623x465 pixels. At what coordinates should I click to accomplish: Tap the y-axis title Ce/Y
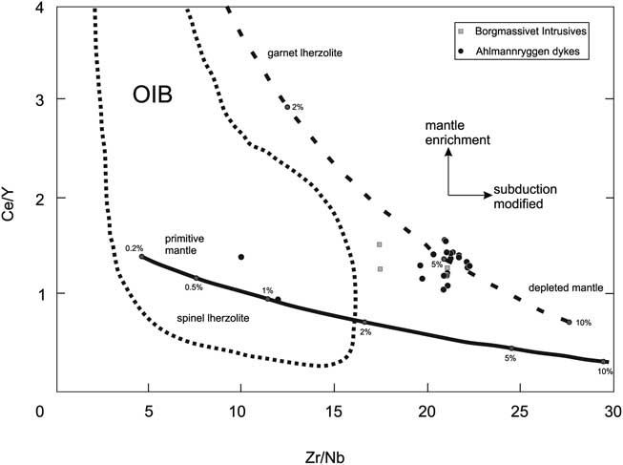click(12, 200)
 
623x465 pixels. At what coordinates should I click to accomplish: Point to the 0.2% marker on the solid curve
click(142, 256)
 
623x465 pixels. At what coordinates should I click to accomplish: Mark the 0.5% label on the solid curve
click(194, 286)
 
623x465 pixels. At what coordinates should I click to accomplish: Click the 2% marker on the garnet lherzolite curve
click(287, 107)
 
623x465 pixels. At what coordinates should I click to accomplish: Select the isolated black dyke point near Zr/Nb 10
click(240, 257)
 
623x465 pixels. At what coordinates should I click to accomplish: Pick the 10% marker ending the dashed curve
click(569, 322)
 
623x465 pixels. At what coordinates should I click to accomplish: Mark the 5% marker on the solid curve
click(511, 349)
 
